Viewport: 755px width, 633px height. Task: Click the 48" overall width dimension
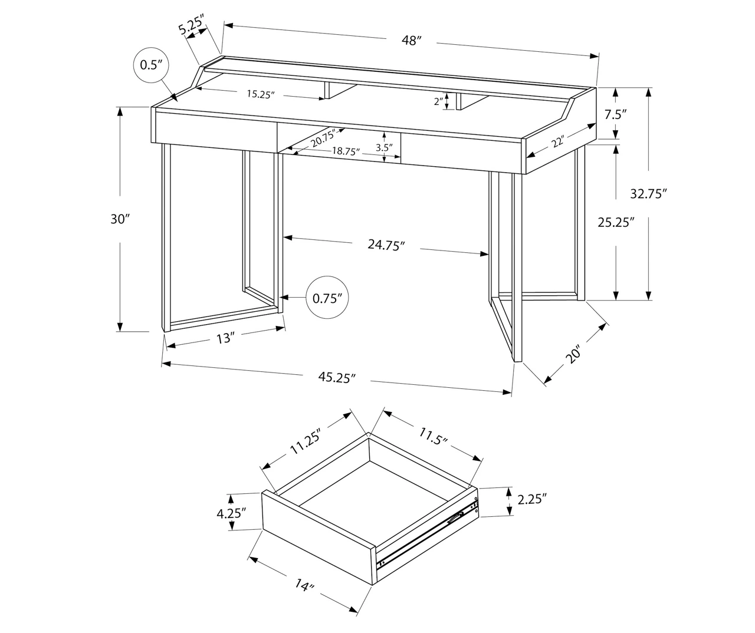(411, 41)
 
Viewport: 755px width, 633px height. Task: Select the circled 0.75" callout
(328, 298)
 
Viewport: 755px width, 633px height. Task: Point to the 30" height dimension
(119, 219)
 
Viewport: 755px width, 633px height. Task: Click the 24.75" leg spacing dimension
(386, 245)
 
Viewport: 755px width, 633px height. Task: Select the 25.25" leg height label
(616, 222)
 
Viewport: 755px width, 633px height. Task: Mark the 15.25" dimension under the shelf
(261, 94)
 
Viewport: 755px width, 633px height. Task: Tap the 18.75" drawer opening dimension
(346, 151)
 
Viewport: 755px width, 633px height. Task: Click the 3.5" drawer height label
(384, 148)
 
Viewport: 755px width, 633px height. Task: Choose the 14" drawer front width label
(303, 587)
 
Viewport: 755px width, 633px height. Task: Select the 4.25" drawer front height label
(231, 513)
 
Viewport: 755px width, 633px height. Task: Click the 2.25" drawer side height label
(532, 500)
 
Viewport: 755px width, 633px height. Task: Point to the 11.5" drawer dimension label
(434, 437)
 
